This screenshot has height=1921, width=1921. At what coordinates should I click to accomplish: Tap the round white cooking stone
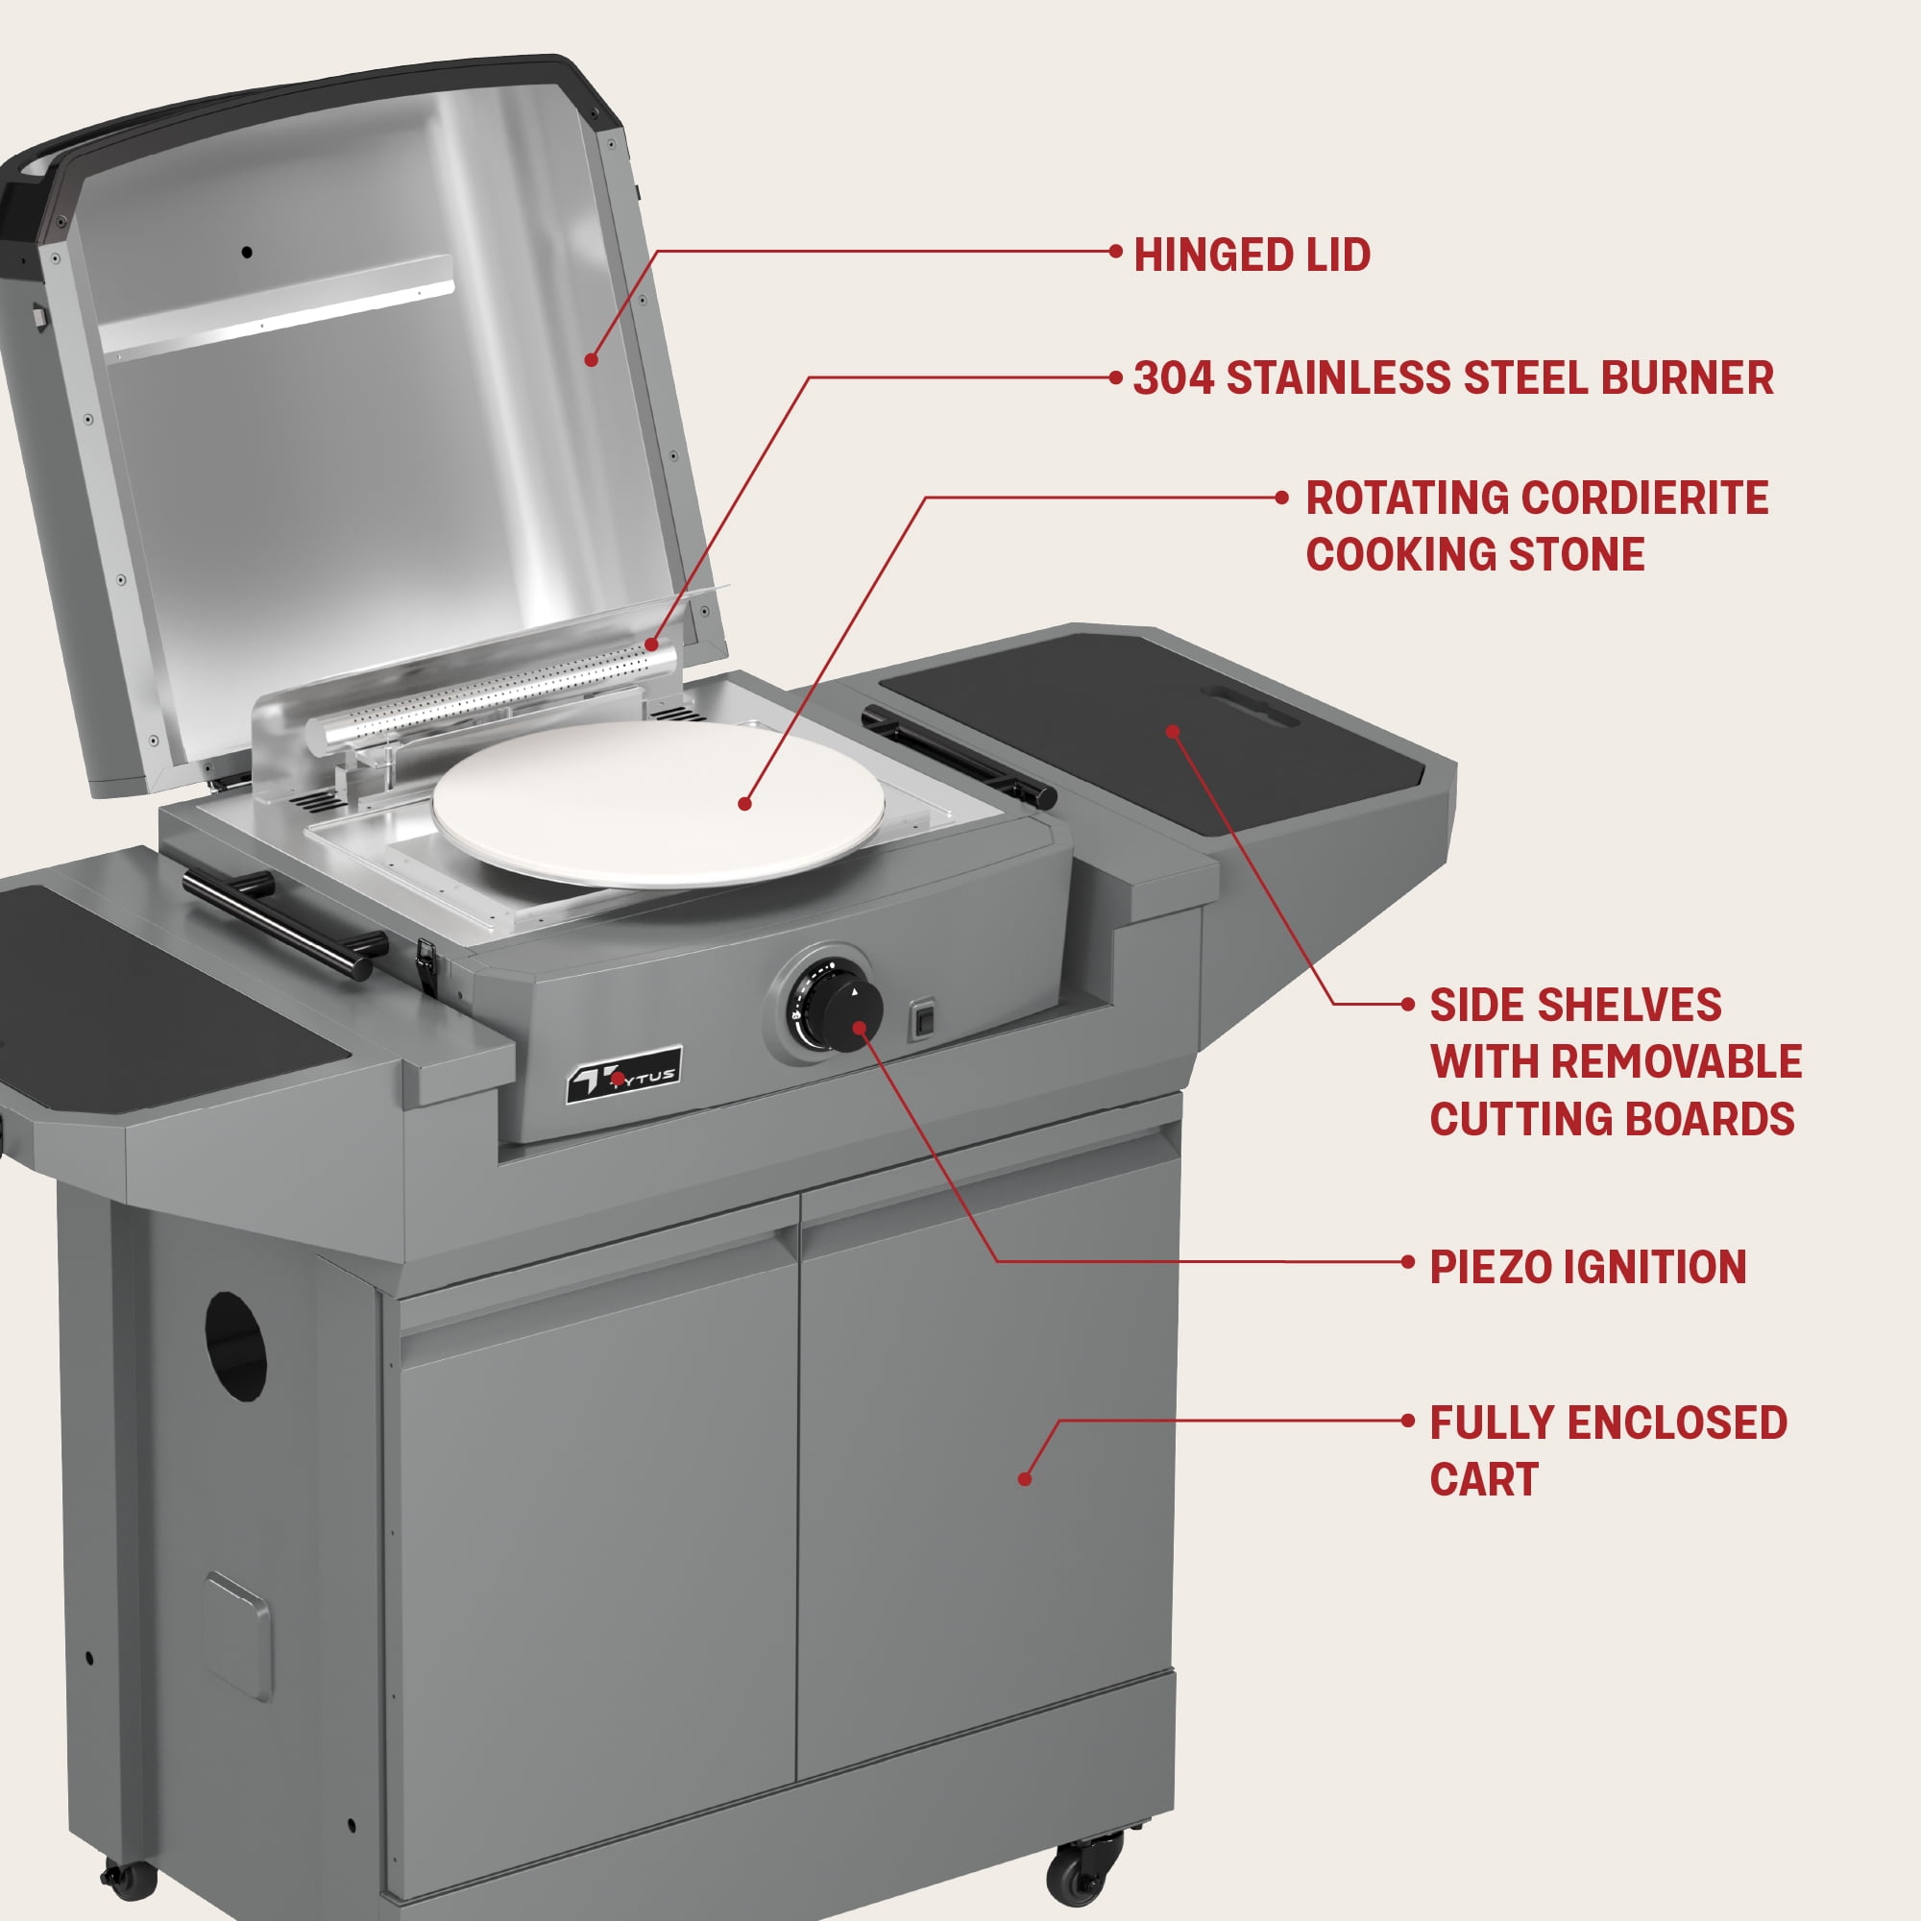coord(658,803)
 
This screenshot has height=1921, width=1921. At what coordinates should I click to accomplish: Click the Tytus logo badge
coord(623,1074)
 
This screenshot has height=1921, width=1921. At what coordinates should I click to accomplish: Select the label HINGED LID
coord(1252,255)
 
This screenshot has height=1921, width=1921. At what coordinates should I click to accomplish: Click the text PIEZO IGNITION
coord(1588,1267)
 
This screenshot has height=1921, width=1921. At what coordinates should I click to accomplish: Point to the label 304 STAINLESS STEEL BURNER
coord(1453,377)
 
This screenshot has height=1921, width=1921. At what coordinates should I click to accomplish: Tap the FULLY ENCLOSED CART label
coord(1608,1450)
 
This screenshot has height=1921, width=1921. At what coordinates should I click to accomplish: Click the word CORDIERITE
coord(1645,498)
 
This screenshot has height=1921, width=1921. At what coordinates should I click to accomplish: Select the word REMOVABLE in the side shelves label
coord(1676,1062)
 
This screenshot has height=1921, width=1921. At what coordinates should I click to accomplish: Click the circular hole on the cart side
coord(235,1347)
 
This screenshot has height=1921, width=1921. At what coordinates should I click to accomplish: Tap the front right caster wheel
coord(1081,1873)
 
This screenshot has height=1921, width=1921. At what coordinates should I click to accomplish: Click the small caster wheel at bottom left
coord(131,1875)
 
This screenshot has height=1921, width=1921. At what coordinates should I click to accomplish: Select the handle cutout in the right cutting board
coord(1249,704)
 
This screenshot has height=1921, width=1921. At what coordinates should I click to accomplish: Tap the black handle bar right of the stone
coord(959,758)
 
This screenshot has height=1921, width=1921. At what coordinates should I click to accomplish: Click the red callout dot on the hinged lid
coord(591,359)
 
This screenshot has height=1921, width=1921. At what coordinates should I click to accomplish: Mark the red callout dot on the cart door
coord(1024,1478)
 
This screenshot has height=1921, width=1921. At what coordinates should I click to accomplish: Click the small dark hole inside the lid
coord(247,253)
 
